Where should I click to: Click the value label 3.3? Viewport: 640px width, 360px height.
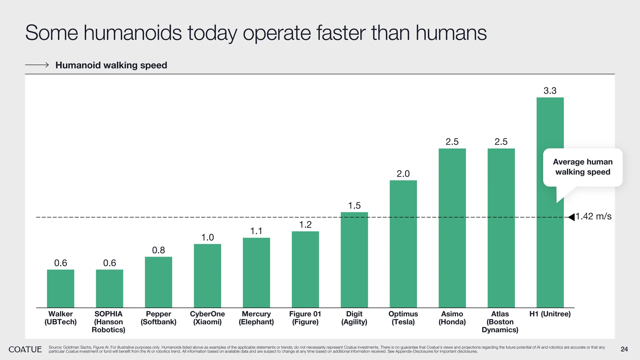pos(550,91)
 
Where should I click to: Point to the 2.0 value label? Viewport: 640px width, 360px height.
pos(403,174)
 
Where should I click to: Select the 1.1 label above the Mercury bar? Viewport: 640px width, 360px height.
pos(256,231)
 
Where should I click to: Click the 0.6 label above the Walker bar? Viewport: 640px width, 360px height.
pos(61,263)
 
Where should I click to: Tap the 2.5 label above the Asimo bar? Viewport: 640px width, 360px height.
pos(452,142)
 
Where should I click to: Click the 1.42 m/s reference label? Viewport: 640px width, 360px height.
pos(593,216)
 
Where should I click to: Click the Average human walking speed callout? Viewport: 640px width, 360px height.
pos(582,167)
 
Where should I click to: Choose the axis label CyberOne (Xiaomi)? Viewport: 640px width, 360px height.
pos(207,318)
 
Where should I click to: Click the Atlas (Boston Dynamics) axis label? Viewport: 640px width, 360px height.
pos(500,322)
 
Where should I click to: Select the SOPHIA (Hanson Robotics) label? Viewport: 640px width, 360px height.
pos(108,322)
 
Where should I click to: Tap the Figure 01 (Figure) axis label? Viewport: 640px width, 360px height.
pos(305,318)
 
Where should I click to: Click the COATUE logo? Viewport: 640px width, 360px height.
pos(25,349)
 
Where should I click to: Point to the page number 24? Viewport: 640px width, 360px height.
pos(624,349)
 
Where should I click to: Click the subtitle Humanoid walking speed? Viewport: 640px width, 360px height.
pos(111,65)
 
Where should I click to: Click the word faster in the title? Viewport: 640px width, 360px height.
pos(341,33)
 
